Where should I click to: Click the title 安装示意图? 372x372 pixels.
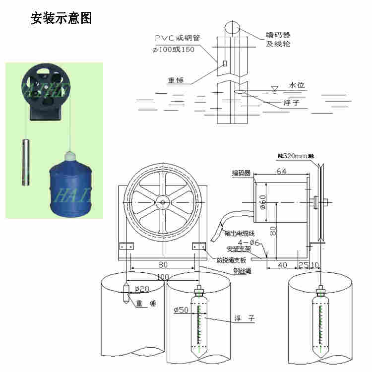(62, 18)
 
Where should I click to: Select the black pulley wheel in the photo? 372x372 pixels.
(46, 90)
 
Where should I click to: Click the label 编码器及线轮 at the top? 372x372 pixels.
(278, 39)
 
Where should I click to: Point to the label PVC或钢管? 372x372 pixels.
(177, 38)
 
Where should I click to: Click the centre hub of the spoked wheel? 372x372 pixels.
(163, 202)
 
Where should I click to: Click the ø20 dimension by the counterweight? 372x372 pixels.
(141, 288)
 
